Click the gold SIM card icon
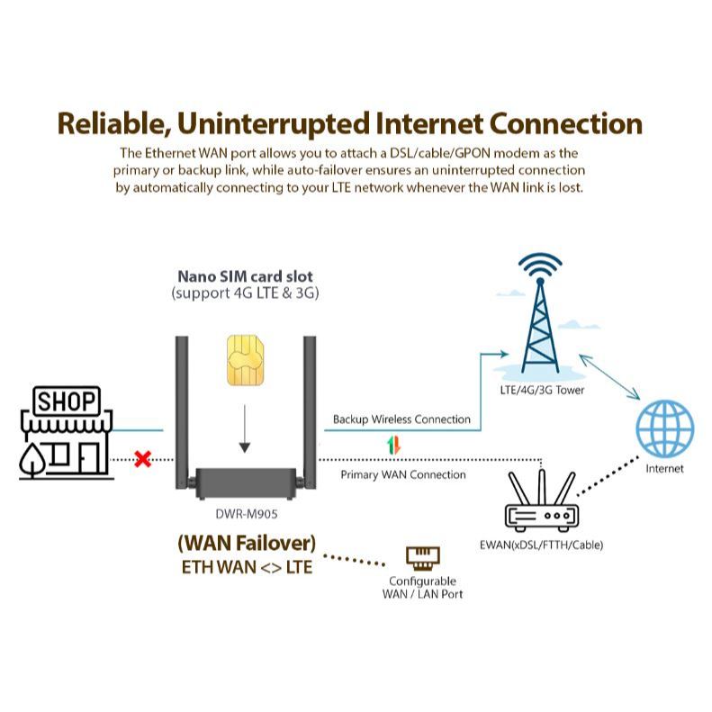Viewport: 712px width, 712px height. click(245, 361)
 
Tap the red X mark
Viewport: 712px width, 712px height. click(142, 460)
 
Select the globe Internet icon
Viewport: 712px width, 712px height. click(665, 428)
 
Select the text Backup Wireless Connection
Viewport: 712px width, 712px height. click(401, 419)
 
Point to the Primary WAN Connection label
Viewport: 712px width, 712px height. click(403, 474)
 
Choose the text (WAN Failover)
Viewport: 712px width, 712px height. click(246, 544)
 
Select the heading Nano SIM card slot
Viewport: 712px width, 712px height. click(245, 276)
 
